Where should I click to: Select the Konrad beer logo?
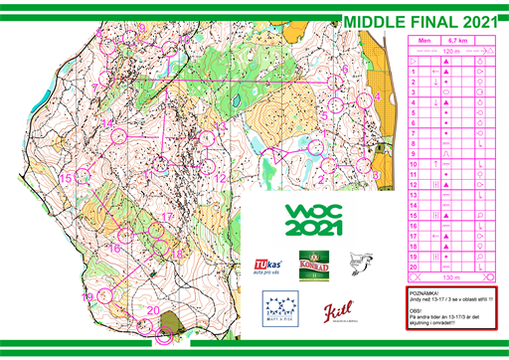tap(314, 263)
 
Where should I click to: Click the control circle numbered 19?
tap(103, 295)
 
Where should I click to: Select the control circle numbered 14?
tap(119, 134)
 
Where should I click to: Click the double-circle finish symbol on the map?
tap(164, 335)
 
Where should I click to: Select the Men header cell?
tap(424, 41)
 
